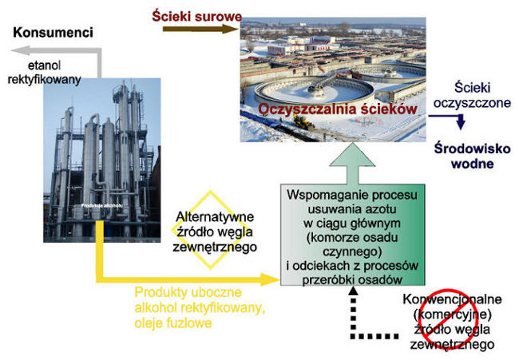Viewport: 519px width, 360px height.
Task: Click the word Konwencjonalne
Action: pyautogui.click(x=452, y=299)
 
